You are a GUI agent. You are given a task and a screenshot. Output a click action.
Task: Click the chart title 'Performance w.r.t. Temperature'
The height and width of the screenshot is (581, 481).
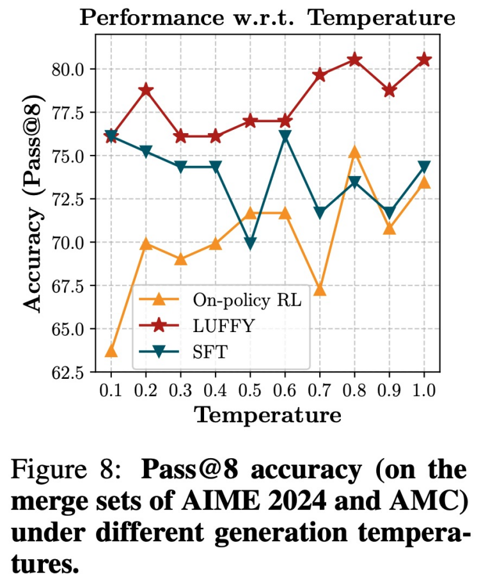click(x=267, y=17)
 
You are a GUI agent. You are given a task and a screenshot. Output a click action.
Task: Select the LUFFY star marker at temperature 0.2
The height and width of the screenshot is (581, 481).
click(x=146, y=90)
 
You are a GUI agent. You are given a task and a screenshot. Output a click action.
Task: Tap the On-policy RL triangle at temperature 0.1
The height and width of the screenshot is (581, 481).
click(x=111, y=351)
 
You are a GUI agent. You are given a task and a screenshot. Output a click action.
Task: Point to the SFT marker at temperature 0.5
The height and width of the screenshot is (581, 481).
click(x=250, y=244)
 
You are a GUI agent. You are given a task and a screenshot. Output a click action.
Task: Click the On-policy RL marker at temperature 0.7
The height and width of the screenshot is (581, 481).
click(x=320, y=290)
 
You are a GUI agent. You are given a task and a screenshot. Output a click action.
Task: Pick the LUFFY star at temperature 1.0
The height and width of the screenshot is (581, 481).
click(x=423, y=60)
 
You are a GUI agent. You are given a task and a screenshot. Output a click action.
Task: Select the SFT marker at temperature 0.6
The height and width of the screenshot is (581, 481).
click(x=285, y=136)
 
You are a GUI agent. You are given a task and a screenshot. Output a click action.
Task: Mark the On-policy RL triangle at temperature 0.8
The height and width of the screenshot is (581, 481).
click(x=354, y=152)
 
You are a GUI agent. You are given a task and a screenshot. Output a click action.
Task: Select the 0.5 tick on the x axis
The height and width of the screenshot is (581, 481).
click(x=250, y=390)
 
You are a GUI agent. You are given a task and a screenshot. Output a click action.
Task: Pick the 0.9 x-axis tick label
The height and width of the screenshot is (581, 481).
click(x=389, y=390)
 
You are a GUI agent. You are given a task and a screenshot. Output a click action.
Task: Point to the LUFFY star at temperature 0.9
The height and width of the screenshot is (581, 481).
click(x=389, y=90)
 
